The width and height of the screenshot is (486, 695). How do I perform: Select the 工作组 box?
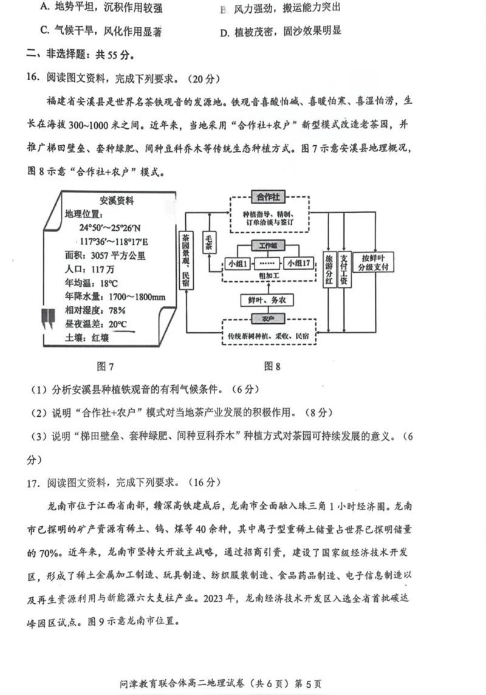point(268,245)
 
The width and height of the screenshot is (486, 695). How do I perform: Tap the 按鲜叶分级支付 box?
point(375,262)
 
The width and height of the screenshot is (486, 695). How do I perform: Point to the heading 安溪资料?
point(117,201)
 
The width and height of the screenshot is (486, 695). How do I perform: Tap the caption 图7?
point(106,366)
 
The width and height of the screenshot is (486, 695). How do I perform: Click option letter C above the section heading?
point(43,31)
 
